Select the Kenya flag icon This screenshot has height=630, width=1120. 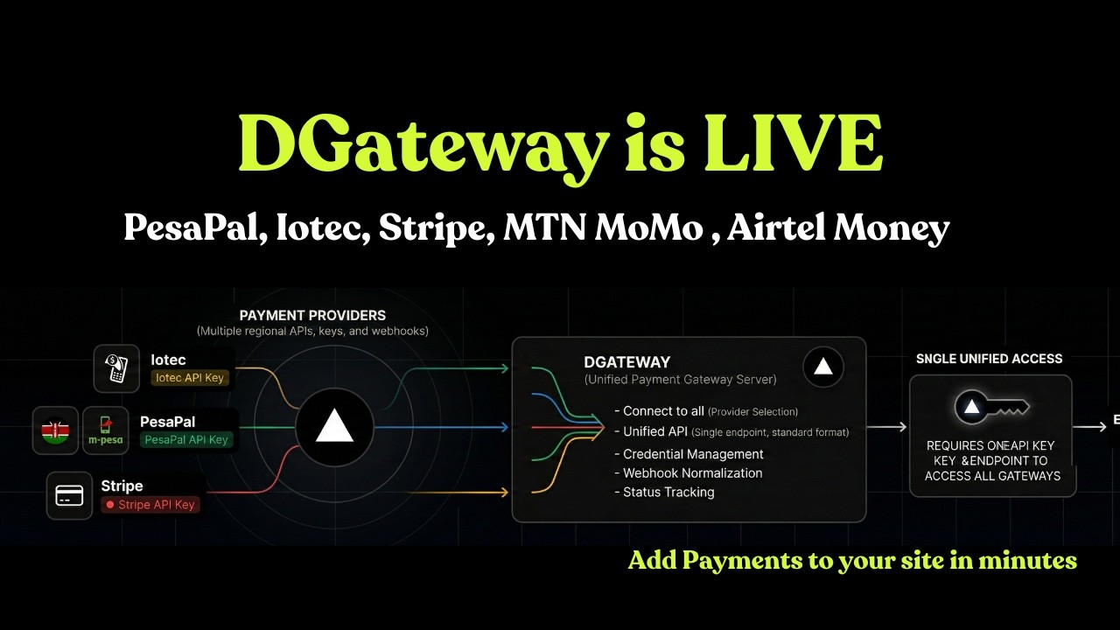click(x=55, y=430)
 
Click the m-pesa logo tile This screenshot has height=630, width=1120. click(x=106, y=430)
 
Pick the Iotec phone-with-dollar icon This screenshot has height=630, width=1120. click(x=117, y=368)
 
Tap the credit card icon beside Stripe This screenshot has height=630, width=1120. click(x=69, y=495)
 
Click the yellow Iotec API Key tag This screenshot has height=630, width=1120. click(x=190, y=378)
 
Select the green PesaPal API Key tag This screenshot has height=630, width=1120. click(x=186, y=440)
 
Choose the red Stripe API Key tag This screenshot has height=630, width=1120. click(x=150, y=505)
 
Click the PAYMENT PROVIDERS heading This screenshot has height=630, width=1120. click(x=312, y=315)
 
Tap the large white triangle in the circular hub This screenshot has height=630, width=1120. click(x=333, y=428)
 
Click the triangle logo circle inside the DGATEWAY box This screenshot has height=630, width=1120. click(x=822, y=367)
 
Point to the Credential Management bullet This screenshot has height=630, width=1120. click(x=693, y=454)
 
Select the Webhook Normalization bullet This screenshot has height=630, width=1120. click(x=692, y=473)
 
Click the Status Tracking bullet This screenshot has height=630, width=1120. click(x=668, y=493)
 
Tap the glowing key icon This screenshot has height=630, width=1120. click(x=990, y=407)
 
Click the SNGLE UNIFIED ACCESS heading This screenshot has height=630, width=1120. click(x=989, y=359)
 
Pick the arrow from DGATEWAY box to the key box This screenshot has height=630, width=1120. click(x=887, y=427)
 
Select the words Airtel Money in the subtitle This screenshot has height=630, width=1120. click(x=838, y=228)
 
